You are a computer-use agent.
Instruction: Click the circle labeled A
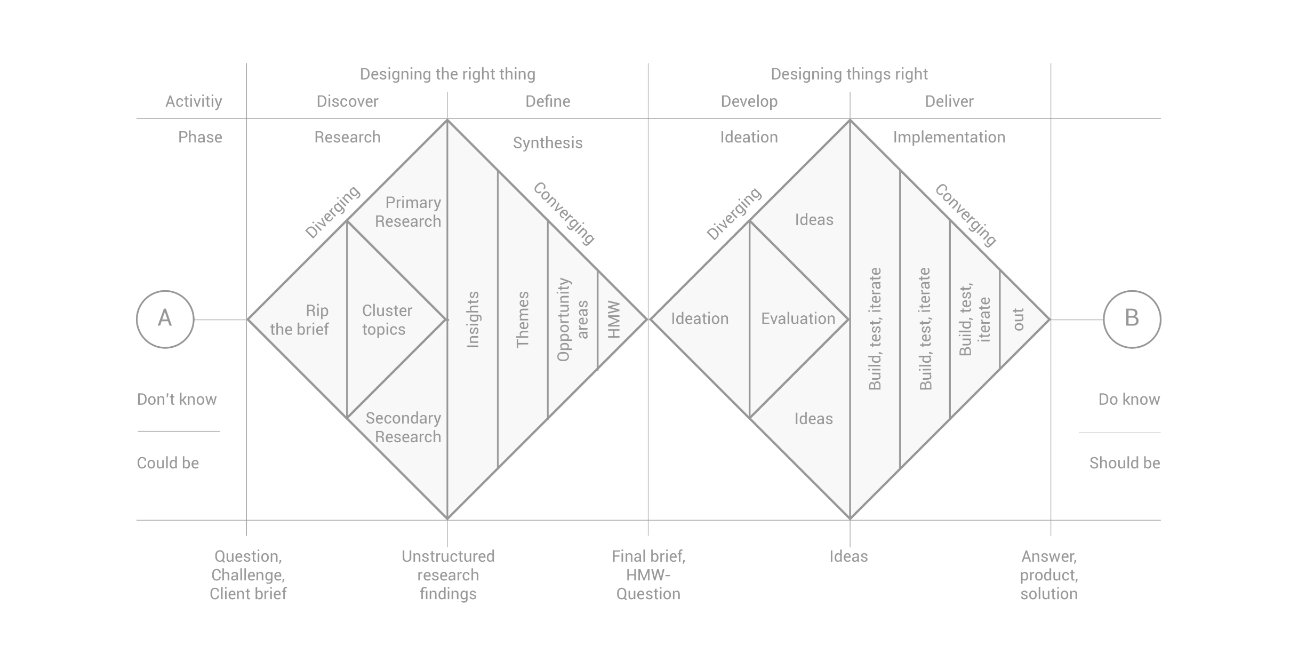click(165, 319)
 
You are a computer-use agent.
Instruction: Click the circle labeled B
click(1132, 319)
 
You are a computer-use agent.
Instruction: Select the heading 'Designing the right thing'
click(447, 74)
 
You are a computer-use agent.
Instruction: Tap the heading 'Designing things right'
click(849, 74)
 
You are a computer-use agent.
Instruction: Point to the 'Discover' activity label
click(347, 101)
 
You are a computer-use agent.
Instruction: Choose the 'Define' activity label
click(548, 101)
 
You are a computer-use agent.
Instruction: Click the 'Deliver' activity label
click(949, 101)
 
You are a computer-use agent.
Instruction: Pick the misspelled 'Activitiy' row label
click(194, 101)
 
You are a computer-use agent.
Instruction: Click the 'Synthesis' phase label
click(548, 143)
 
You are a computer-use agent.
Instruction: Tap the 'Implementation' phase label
click(949, 137)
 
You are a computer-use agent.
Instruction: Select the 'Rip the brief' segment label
click(301, 320)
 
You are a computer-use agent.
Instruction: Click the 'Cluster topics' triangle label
click(386, 320)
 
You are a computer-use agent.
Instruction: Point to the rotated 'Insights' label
click(473, 320)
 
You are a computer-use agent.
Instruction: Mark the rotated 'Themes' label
click(523, 320)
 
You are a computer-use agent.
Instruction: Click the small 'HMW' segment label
click(614, 320)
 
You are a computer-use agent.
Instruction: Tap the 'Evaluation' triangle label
click(798, 318)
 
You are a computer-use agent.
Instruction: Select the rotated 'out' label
click(1018, 320)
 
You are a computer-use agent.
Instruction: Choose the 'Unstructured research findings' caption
click(448, 575)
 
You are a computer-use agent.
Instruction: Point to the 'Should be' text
click(1124, 463)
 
